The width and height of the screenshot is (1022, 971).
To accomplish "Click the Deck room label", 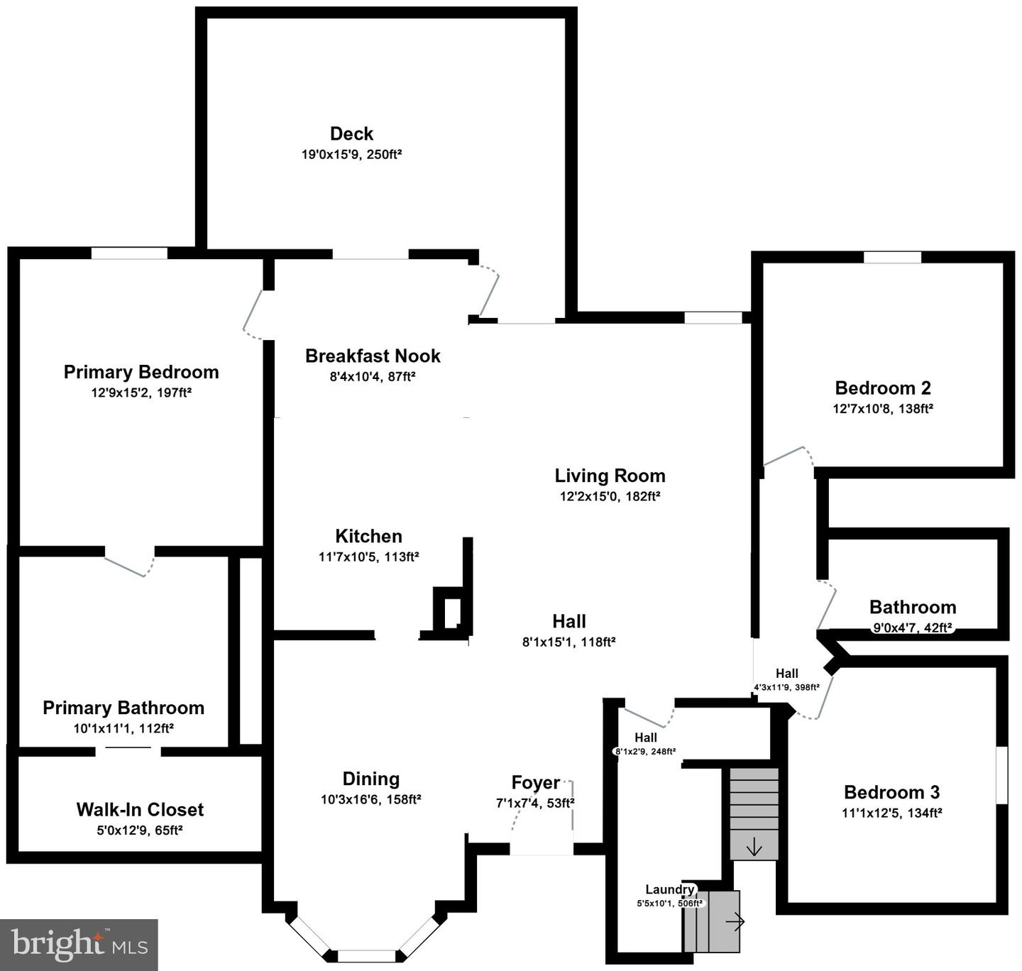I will click(x=351, y=133).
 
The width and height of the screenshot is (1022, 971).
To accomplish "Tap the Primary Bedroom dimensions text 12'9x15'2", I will click(x=141, y=393).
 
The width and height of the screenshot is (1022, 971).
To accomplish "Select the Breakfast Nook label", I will click(x=373, y=356).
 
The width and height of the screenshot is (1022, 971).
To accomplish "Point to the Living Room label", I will click(x=610, y=476).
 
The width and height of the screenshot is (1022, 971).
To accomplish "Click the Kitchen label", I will click(x=368, y=536).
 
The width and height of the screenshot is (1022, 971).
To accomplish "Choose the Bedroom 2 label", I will click(x=882, y=388).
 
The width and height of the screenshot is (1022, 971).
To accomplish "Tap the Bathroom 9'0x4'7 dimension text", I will click(x=912, y=627).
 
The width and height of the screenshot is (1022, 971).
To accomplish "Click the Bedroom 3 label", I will click(x=891, y=792).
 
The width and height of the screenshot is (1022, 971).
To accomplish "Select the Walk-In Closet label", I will click(x=140, y=809).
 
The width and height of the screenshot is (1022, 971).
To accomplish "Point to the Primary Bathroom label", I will click(x=123, y=708).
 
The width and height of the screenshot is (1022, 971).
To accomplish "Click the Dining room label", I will click(x=370, y=779).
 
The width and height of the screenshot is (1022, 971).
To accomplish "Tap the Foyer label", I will click(x=536, y=783).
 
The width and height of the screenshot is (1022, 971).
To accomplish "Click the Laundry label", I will click(x=669, y=889).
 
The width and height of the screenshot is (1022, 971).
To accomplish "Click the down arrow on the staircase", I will click(x=754, y=847).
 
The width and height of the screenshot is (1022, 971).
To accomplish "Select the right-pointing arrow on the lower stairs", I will click(x=735, y=922).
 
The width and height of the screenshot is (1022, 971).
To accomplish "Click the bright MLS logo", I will click(x=79, y=945).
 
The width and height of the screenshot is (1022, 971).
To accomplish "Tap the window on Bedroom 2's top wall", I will click(x=892, y=257).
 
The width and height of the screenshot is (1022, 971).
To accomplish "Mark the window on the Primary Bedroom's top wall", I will click(x=129, y=253).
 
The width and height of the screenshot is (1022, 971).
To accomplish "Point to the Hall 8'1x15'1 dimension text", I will click(x=568, y=642).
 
